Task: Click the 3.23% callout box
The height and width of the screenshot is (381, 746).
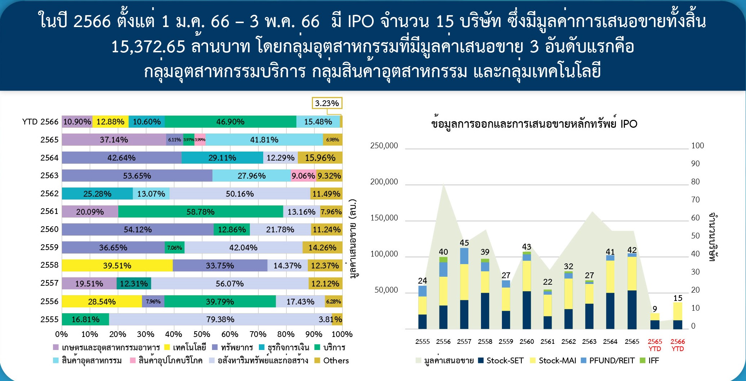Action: point(327,103)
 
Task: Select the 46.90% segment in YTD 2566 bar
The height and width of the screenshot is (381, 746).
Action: point(230,122)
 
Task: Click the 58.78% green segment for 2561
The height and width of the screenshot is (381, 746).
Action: point(200,212)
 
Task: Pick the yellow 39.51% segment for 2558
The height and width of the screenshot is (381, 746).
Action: point(117,266)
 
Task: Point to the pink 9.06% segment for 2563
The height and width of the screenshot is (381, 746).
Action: point(303,176)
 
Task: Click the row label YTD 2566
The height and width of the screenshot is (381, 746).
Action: point(40,122)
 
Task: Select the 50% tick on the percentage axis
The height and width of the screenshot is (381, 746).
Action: point(202,334)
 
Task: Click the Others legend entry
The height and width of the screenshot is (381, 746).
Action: point(336,360)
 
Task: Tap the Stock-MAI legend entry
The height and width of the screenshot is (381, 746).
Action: point(557,360)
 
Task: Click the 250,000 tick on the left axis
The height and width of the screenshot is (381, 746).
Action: point(384,146)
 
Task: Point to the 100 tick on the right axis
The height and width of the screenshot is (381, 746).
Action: point(697,146)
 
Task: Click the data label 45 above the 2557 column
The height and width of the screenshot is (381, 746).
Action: point(464,243)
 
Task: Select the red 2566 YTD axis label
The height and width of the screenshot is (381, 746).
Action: point(677,345)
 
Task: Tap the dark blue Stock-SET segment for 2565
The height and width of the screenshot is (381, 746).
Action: point(632,310)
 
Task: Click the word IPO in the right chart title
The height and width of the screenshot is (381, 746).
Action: point(629,124)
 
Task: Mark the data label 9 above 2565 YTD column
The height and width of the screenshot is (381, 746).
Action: point(655,309)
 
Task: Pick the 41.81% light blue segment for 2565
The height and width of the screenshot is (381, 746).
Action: point(264,140)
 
